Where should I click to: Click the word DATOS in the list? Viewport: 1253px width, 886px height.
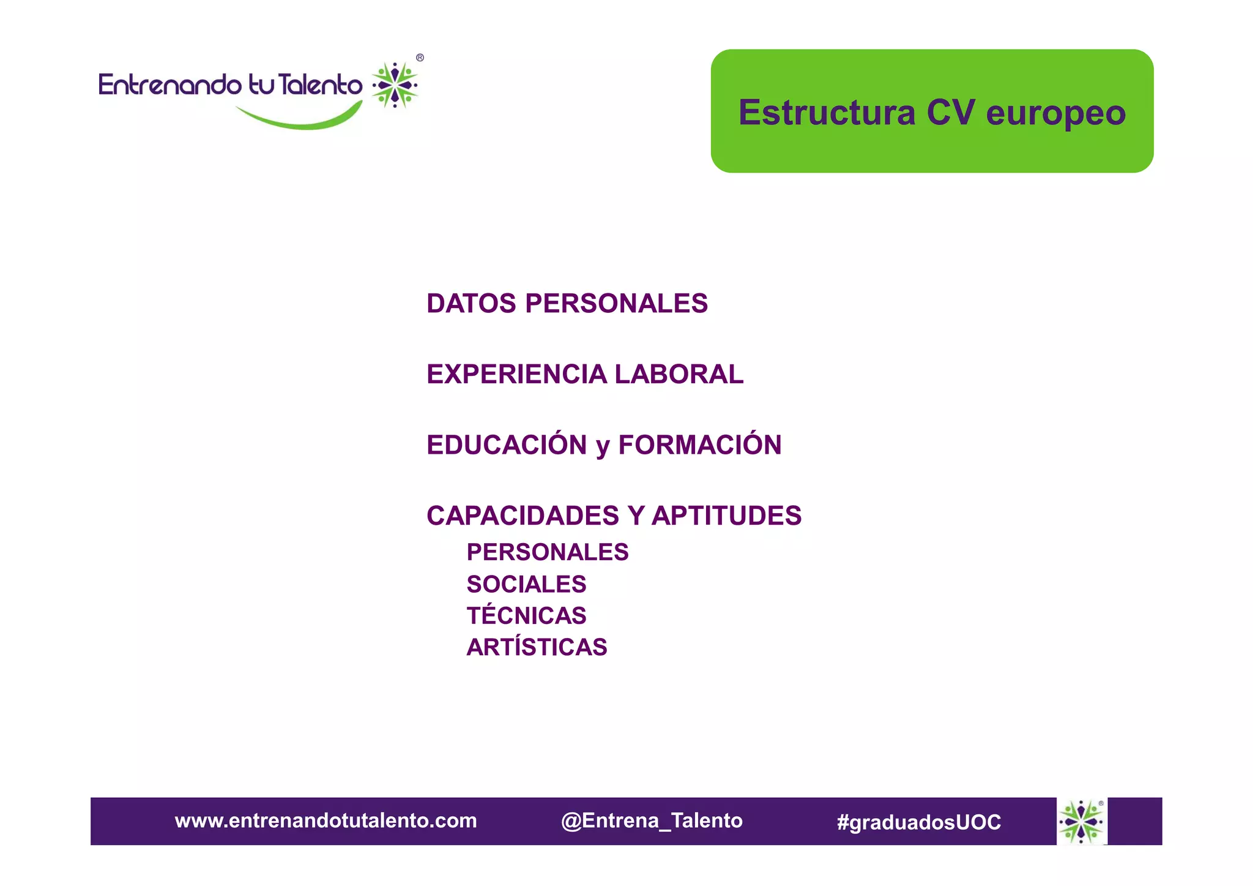[x=471, y=304]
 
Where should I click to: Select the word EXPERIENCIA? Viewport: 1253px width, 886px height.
[x=516, y=374]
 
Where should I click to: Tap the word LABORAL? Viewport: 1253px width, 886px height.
[x=679, y=374]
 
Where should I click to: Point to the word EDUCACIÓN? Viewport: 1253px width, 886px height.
[x=507, y=445]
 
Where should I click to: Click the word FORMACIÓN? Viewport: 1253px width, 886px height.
[x=699, y=445]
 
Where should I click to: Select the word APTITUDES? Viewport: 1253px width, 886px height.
[x=726, y=516]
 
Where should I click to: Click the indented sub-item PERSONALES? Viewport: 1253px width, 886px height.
[x=547, y=552]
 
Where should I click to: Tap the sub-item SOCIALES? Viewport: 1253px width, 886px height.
[x=526, y=584]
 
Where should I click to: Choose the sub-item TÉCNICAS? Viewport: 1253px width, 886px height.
[x=526, y=615]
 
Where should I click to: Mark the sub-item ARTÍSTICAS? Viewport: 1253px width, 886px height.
[x=537, y=647]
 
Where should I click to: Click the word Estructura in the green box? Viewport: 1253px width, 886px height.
[x=827, y=113]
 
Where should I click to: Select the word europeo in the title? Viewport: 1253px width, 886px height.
[x=1055, y=114]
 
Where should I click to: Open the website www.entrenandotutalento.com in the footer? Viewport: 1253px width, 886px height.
[x=325, y=820]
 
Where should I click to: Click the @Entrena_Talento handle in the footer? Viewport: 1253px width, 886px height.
[x=652, y=820]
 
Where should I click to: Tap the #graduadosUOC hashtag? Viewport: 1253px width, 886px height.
[x=918, y=822]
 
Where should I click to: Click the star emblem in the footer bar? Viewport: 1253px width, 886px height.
[x=1081, y=821]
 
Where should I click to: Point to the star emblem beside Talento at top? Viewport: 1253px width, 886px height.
[x=395, y=85]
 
